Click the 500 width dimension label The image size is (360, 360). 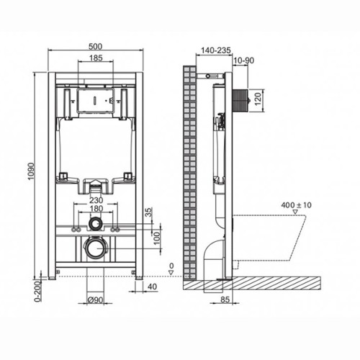[95, 46]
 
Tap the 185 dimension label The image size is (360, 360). [96, 58]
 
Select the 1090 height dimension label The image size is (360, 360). [31, 171]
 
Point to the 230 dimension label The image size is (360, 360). [96, 200]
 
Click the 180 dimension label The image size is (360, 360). [96, 209]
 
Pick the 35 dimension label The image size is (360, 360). [149, 212]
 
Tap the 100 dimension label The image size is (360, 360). [156, 238]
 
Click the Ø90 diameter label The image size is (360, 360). [95, 300]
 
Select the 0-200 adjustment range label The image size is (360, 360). [38, 292]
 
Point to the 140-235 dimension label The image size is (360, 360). [215, 50]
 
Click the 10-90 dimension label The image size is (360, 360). [243, 60]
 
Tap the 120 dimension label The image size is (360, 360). [257, 100]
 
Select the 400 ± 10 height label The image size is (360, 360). [296, 205]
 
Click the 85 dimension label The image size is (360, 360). [225, 300]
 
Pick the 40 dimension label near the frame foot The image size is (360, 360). [152, 287]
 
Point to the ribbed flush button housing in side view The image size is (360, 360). [240, 100]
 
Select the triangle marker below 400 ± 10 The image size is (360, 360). [295, 212]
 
